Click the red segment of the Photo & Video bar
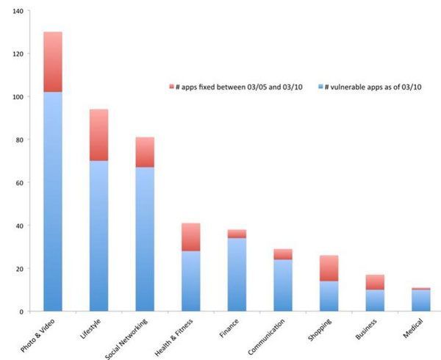click(x=52, y=62)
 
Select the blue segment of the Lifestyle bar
click(x=98, y=235)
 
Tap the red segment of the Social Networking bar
click(x=145, y=152)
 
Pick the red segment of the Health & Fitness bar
click(x=191, y=237)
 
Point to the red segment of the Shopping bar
click(x=329, y=268)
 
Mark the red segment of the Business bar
click(x=375, y=282)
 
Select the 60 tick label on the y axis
click(x=19, y=183)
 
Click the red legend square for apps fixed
click(x=171, y=87)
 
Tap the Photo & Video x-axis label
click(x=40, y=334)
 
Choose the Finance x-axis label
click(x=228, y=330)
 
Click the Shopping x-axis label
click(x=319, y=331)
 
